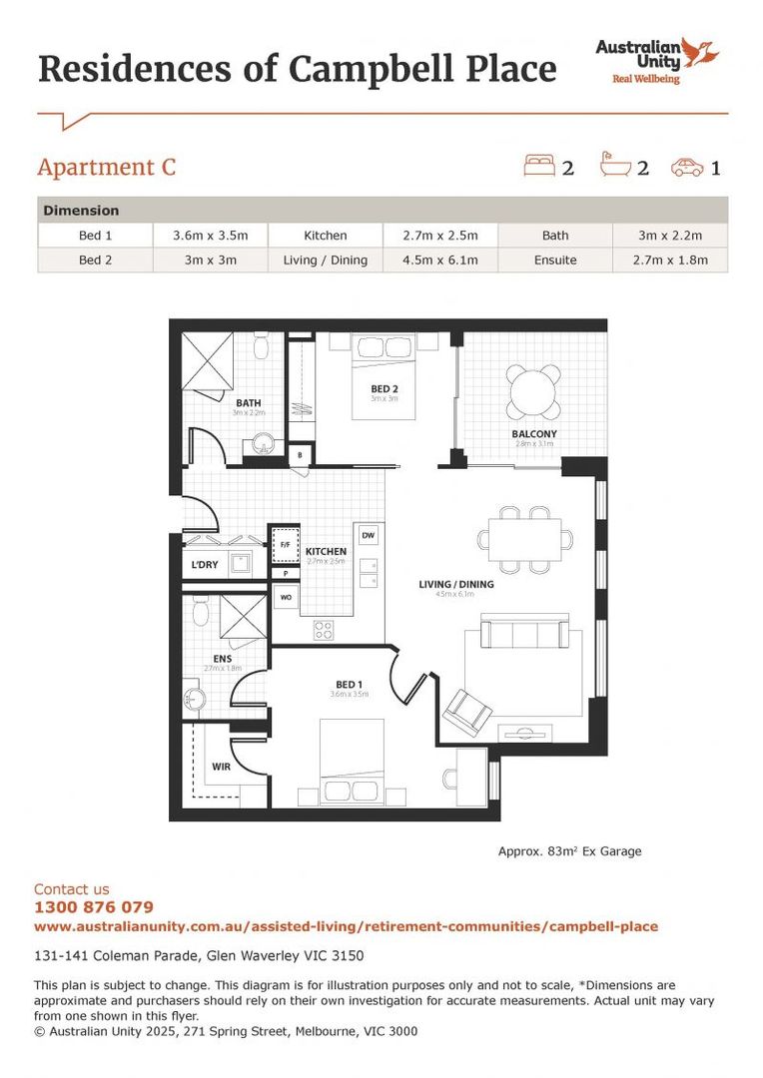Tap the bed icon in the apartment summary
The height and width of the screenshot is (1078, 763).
[x=539, y=165]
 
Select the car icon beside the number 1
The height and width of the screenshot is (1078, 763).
[x=687, y=166]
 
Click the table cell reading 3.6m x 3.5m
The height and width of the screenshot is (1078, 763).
[x=211, y=236]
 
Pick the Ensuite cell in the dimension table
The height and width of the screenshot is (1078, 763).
[x=555, y=260]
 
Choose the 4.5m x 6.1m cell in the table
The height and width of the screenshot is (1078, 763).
[x=440, y=260]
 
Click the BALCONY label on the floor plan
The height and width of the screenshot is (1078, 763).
[x=533, y=434]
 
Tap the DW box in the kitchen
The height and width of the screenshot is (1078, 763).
[x=368, y=535]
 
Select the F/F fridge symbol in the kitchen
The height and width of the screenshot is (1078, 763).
[x=286, y=545]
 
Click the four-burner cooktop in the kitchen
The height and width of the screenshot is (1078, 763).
[x=325, y=629]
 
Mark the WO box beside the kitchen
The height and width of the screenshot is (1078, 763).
[x=285, y=598]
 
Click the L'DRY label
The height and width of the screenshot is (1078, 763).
[x=206, y=566]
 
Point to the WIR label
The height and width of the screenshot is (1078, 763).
[x=221, y=768]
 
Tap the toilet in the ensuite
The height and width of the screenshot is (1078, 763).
[x=200, y=610]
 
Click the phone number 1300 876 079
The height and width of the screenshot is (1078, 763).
[x=94, y=907]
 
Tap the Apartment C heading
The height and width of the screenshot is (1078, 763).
[x=106, y=167]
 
